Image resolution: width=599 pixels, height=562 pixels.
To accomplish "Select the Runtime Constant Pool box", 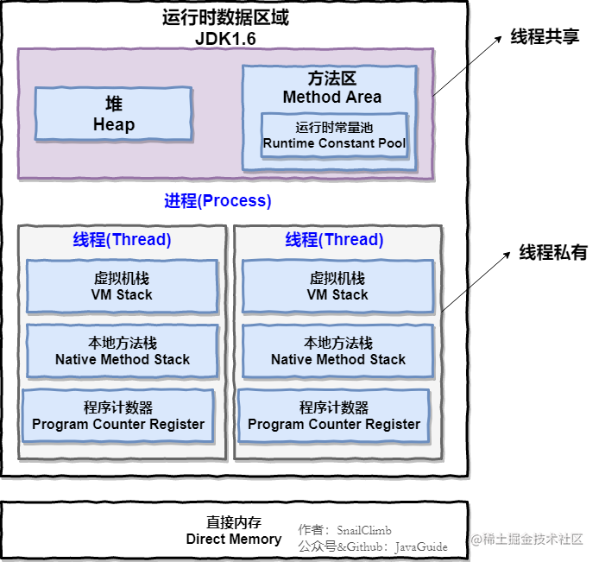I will coord(334,135).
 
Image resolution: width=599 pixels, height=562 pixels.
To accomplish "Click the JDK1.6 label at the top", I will coord(225,39).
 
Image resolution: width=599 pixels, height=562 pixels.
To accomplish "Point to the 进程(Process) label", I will coord(218,201).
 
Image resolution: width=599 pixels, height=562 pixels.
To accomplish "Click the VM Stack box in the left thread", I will coord(122,287).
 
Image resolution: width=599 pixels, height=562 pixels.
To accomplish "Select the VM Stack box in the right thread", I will coord(337,287).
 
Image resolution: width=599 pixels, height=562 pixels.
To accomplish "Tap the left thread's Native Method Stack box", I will coord(122,351).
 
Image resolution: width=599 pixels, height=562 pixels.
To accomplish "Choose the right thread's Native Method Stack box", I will coord(337,351).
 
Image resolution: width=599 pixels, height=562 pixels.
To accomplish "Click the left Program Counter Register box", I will coord(118,416).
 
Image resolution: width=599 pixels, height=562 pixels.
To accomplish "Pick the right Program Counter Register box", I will coord(334,416).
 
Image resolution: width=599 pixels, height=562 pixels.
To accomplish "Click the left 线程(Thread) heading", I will coord(122,239).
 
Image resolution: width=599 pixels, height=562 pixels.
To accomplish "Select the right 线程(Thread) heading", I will coord(334,239).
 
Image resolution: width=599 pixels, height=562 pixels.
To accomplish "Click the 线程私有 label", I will coord(552,253).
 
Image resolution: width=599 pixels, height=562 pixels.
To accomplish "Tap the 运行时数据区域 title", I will coord(225,18).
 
